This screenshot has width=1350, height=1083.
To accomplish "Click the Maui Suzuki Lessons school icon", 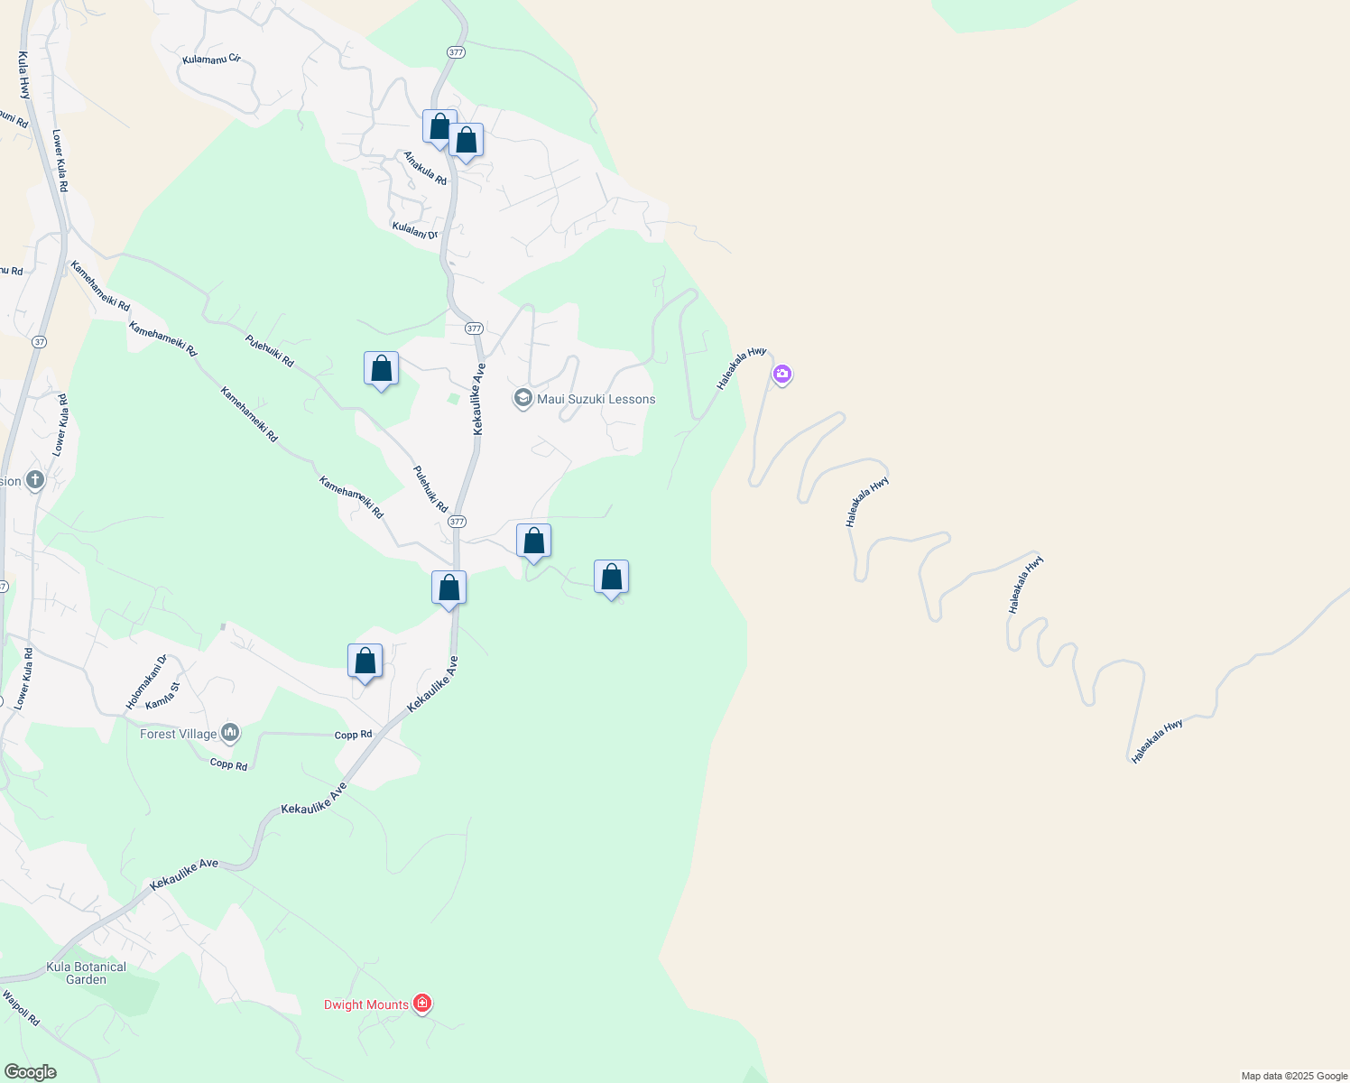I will point(522,398).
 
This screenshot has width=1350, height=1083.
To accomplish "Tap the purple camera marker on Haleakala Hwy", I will point(782,374).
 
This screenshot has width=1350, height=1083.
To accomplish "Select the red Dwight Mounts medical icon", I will point(421,1003).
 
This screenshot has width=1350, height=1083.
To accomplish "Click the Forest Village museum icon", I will point(230,733).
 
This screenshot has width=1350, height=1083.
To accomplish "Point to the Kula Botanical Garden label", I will point(87,973).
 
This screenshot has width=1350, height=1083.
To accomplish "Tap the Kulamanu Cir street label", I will point(211,60).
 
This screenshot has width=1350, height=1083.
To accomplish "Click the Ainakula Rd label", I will point(425,168).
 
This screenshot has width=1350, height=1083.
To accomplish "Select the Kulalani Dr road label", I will point(415,229).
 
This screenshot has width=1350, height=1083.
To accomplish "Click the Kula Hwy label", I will point(23,75).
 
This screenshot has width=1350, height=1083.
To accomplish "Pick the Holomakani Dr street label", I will point(146,682).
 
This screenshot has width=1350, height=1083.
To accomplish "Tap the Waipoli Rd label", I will point(21,1008).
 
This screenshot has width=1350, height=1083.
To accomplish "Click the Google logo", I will point(31,1072).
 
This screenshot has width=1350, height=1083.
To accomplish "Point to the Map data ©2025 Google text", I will point(1294,1076).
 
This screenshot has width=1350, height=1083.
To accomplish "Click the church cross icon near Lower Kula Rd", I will point(35,479).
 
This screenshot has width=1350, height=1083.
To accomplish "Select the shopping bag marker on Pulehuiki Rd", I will point(381,369).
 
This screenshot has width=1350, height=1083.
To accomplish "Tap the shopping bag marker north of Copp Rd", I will point(365,662).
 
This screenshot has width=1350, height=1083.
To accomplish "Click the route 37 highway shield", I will point(38,342).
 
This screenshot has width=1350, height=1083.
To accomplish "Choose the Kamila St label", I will point(163,696).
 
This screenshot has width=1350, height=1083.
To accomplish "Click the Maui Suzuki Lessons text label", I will point(596,399).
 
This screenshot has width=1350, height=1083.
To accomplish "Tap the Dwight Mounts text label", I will point(366,1004).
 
